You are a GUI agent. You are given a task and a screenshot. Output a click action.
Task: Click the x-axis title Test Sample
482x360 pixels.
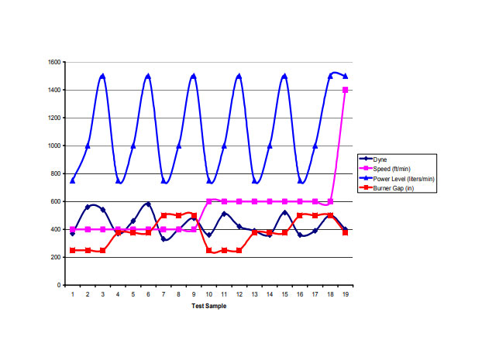click(208, 306)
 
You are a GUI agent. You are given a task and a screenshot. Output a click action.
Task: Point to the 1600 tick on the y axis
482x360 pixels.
click(53, 62)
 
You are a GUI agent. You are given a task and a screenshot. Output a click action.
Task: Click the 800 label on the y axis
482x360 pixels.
click(55, 173)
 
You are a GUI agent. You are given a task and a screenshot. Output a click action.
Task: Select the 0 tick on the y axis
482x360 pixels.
click(59, 285)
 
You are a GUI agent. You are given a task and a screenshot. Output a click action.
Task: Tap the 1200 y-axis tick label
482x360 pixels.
click(53, 118)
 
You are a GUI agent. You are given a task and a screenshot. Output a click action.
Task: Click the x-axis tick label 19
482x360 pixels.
click(346, 294)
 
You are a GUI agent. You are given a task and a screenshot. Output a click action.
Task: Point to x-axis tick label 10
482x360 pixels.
click(209, 294)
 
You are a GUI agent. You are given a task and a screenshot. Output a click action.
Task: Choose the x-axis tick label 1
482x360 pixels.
click(73, 294)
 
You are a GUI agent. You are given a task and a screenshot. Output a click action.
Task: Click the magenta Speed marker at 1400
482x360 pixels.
click(346, 90)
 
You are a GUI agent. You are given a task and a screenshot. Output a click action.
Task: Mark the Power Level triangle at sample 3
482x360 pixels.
click(103, 76)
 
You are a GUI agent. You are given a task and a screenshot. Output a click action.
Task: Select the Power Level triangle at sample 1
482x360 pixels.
click(73, 180)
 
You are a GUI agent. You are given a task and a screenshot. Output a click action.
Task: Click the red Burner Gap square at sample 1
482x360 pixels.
click(73, 250)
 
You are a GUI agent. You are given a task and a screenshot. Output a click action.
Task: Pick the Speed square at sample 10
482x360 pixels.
click(209, 201)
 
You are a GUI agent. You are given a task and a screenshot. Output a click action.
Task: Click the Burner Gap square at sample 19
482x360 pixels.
click(346, 232)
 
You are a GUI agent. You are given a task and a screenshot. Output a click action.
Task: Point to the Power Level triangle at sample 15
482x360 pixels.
click(284, 76)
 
